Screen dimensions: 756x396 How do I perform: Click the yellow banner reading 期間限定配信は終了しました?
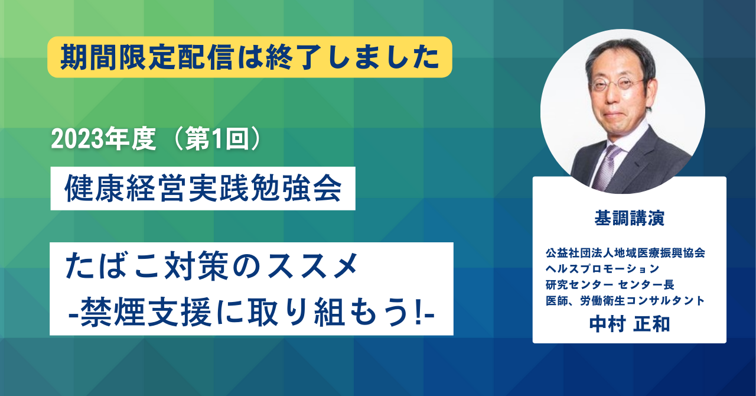coord(250,57)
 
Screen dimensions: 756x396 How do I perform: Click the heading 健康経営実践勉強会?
coord(203,189)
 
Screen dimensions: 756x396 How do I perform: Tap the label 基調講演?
coord(630,218)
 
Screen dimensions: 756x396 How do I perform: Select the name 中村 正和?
coord(630,324)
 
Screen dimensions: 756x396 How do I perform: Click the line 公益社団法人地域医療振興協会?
coord(625,253)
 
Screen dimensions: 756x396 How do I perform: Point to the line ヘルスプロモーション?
coord(602,268)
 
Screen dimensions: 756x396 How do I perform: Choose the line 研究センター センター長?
coord(610,284)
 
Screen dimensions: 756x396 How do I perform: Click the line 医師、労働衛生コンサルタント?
coord(625,300)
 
